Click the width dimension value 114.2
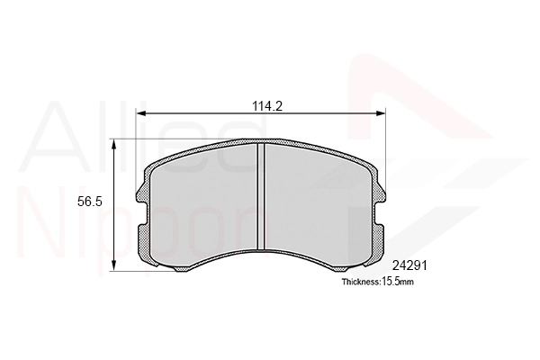click(267, 106)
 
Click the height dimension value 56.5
click(90, 202)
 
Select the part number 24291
click(409, 265)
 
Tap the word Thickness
click(360, 282)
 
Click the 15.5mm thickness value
click(398, 282)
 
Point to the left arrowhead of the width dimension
click(141, 113)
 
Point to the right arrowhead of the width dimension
click(380, 113)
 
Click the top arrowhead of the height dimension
click(114, 144)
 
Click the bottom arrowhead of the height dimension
click(114, 265)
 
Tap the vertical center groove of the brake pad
click(261, 195)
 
